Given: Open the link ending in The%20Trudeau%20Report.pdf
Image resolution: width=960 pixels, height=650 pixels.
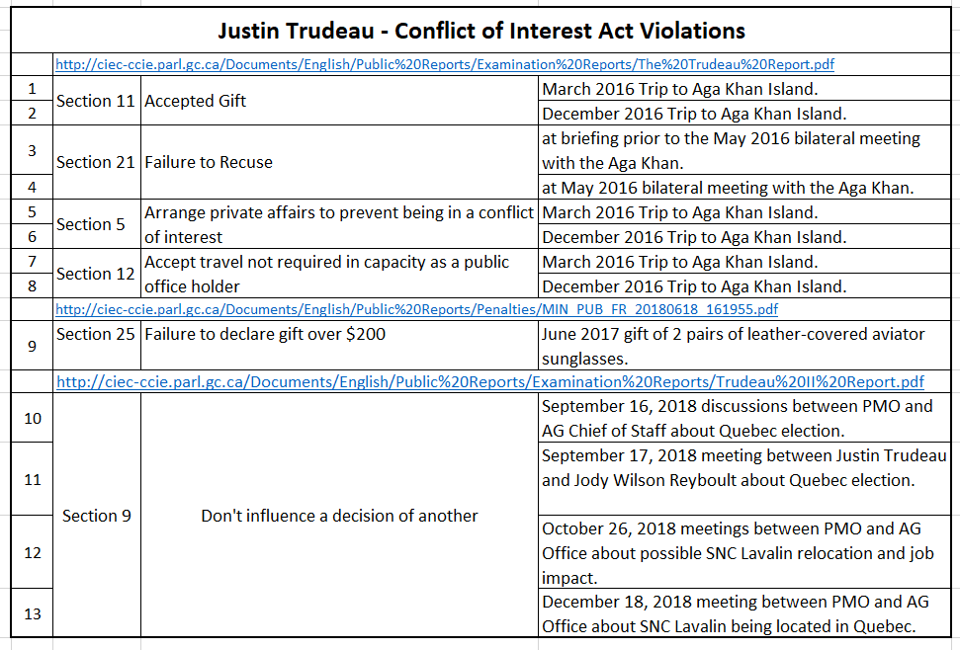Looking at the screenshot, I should [445, 65].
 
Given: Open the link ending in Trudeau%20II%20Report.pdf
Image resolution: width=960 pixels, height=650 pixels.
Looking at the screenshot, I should [490, 381].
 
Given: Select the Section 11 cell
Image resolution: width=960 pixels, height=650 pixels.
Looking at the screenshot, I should [96, 101].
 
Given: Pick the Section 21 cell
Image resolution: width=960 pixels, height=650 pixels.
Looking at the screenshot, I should [96, 162].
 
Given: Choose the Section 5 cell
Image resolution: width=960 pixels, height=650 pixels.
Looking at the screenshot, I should [91, 224].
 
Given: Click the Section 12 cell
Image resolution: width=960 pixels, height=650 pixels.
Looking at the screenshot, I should [96, 274].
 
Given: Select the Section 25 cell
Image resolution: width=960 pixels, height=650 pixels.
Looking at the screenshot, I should [96, 334].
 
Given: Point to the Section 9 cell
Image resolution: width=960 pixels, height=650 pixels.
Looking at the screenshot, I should [96, 516].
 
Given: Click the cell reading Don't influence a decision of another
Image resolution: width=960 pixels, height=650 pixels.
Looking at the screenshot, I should [339, 516].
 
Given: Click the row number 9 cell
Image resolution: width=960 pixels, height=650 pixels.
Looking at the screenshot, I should [33, 346].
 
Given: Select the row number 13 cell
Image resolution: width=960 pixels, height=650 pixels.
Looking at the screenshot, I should [33, 613].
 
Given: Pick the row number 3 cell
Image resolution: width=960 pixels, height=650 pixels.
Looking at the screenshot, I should [33, 150].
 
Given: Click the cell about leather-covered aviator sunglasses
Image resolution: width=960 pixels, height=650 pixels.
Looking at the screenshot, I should [733, 346].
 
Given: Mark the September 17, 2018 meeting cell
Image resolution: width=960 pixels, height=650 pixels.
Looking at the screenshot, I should [733, 468].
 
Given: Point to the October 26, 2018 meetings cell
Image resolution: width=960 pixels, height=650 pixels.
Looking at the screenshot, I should [733, 552].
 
